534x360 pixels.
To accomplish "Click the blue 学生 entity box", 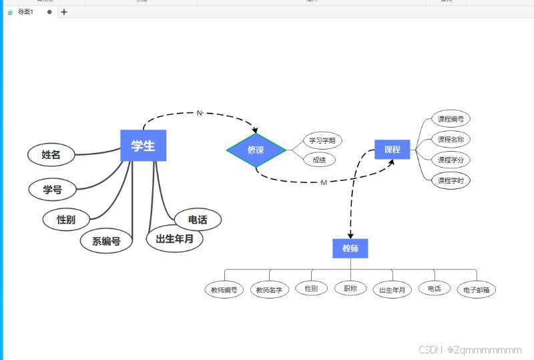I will pos(143,146).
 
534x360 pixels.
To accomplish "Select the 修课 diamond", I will pos(256,150).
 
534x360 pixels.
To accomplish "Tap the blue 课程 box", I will pos(392,150).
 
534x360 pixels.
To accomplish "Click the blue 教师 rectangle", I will pos(350,248).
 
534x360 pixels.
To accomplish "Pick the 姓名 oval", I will pos(51,155).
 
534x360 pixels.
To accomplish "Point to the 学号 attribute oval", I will pos(53,190).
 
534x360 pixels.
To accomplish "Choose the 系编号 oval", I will pos(106,241).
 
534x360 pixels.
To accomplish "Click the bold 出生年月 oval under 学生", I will pos(174,238).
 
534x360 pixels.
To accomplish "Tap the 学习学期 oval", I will pos(323,140).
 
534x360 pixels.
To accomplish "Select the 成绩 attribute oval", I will pos(319,160).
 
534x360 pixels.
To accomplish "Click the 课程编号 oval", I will pos(451,120).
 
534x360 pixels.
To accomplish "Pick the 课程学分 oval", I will pos(451,160).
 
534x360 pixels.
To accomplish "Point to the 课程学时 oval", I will pos(451,180).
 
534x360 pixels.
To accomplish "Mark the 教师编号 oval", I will pos(224,290).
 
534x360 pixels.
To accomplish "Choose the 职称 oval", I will pos(350,289).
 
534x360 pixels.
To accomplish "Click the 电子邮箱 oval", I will pos(477,290).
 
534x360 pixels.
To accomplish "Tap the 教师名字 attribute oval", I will pos(270,290).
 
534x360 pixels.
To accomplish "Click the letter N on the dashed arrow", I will pos(199,113).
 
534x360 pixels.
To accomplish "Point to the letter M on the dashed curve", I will pos(324,182).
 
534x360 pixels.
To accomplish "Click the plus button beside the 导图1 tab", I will pos(64,11).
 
